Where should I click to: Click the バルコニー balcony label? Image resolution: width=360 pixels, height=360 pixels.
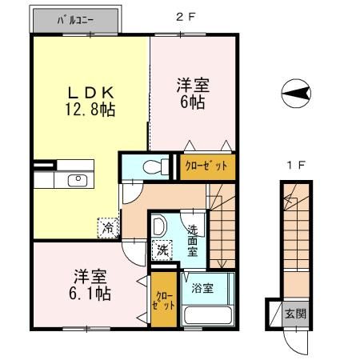click(x=75, y=21)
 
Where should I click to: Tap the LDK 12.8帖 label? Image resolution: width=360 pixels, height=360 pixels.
click(x=90, y=101)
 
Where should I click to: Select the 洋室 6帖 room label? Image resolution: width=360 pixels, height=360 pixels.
click(x=193, y=94)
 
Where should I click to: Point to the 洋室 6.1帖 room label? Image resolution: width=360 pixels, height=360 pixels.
click(x=90, y=285)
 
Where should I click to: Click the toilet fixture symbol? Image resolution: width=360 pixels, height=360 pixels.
click(x=156, y=167)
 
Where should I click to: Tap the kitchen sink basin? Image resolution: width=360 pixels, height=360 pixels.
click(x=78, y=181)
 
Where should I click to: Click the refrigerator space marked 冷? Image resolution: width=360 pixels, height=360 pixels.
click(x=108, y=228)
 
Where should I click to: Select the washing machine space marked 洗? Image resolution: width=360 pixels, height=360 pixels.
click(x=162, y=250)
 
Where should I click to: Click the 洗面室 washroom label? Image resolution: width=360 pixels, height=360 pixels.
click(x=193, y=241)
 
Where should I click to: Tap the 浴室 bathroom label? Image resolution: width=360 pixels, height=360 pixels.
click(x=202, y=288)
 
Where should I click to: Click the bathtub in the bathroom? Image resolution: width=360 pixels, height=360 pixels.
click(x=208, y=315)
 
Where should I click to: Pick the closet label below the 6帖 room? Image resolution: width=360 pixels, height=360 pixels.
click(x=206, y=166)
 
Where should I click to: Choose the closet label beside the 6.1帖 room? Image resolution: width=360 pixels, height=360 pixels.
click(x=164, y=301)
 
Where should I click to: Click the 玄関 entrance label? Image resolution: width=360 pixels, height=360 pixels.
click(x=295, y=314)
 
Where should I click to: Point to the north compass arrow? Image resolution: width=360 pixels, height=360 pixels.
click(x=296, y=94)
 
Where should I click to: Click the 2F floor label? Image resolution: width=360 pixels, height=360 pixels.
click(x=186, y=17)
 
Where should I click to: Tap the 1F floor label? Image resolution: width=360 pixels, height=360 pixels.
click(x=296, y=166)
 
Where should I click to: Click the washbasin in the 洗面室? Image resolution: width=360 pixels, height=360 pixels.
click(x=159, y=226)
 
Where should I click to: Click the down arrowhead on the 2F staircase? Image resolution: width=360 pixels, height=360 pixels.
click(x=221, y=265)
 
